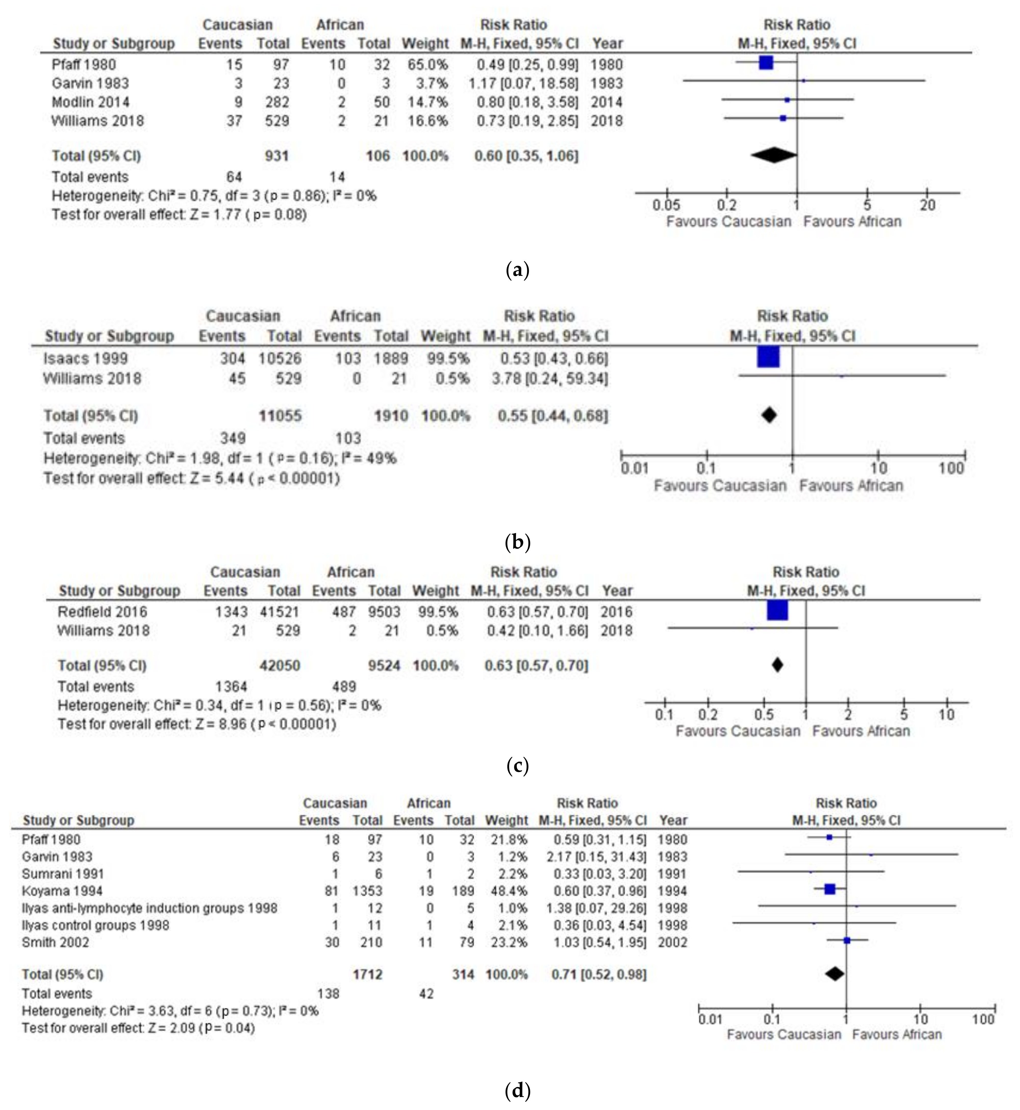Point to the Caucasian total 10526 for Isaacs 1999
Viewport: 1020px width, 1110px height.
(x=280, y=359)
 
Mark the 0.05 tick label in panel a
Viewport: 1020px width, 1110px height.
(x=666, y=205)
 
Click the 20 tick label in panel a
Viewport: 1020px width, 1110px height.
(x=927, y=205)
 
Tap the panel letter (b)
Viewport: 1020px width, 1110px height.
(x=517, y=542)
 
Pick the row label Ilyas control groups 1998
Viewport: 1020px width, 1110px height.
(x=95, y=925)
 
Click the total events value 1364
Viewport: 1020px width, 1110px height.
(x=231, y=686)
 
